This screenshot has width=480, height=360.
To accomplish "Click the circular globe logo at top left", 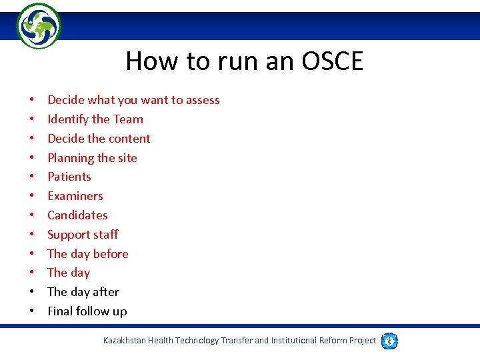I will [38, 26].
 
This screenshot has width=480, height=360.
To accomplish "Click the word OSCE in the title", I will [332, 61].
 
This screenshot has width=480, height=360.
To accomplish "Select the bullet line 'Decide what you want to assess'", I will [133, 100].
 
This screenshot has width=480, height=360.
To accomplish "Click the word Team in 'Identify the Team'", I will [128, 119].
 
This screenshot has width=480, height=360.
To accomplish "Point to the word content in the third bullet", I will [129, 139].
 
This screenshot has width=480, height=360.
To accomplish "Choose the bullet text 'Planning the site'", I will [92, 158].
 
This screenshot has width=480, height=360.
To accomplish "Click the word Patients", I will [69, 177].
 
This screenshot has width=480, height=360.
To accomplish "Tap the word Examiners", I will [75, 196].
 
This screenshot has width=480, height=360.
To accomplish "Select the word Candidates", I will [77, 215].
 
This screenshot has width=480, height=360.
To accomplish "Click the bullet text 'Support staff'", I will [83, 235].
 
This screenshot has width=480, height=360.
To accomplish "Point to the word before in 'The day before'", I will [111, 254].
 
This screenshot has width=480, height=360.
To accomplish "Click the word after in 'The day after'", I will [107, 292].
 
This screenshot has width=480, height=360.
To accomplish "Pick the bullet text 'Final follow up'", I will [87, 311].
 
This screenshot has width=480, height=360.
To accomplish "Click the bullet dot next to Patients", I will [32, 177].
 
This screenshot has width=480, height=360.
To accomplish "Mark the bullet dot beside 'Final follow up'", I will [32, 312].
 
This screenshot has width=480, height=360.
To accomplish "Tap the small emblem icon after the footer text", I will [390, 341].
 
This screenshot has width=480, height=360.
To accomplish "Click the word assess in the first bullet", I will [203, 100].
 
